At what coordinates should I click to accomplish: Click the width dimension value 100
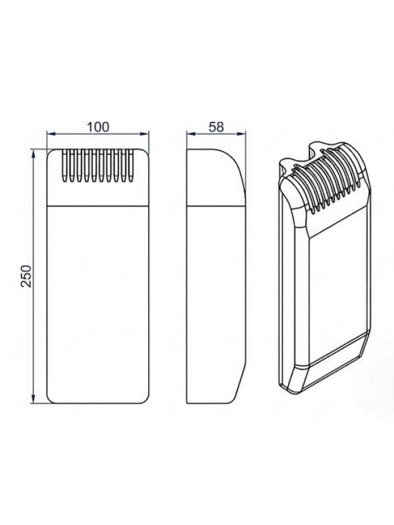click(x=98, y=127)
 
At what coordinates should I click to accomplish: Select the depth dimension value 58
click(x=215, y=127)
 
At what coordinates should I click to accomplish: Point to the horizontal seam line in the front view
click(x=98, y=207)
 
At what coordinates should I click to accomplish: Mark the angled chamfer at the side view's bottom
click(x=240, y=384)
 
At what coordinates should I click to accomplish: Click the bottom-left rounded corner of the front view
click(x=51, y=398)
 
